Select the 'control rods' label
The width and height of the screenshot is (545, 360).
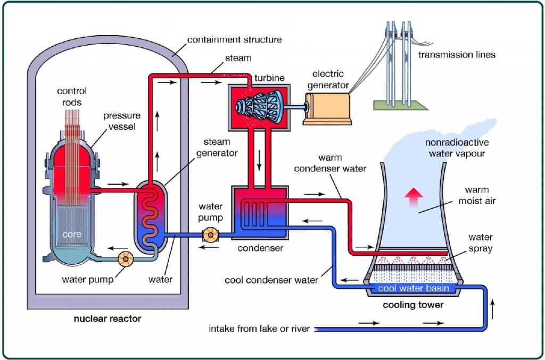pyautogui.click(x=71, y=96)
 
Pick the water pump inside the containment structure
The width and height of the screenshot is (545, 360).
pyautogui.click(x=126, y=259)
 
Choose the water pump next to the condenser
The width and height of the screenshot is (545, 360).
pyautogui.click(x=210, y=235)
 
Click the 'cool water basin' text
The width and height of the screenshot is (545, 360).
pyautogui.click(x=413, y=289)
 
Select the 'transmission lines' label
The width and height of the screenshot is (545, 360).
pyautogui.click(x=457, y=55)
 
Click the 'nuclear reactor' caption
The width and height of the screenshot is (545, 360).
pyautogui.click(x=107, y=319)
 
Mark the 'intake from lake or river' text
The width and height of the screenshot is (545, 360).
pyautogui.click(x=259, y=329)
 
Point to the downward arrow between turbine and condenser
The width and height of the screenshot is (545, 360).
pyautogui.click(x=260, y=160)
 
